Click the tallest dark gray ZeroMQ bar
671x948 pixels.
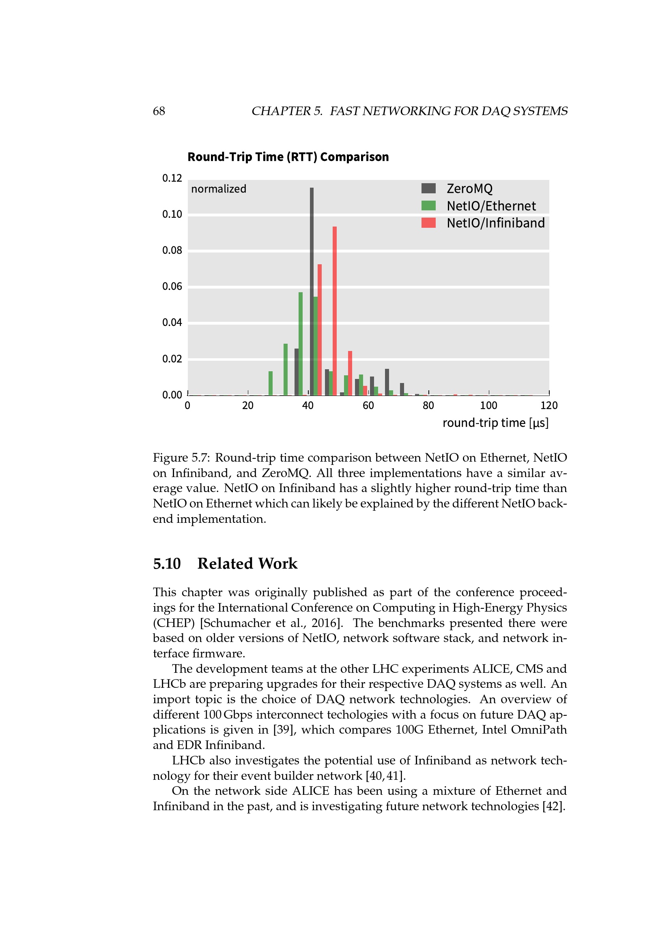pyautogui.click(x=312, y=291)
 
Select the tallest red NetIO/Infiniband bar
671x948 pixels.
pyautogui.click(x=335, y=310)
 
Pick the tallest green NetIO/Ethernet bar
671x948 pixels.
pyautogui.click(x=300, y=344)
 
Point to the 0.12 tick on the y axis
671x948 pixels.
pyautogui.click(x=172, y=178)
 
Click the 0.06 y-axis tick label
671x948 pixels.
pyautogui.click(x=172, y=287)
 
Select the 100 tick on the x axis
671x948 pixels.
pyautogui.click(x=488, y=405)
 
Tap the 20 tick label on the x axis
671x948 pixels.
pyautogui.click(x=247, y=405)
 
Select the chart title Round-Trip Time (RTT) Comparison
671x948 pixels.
pyautogui.click(x=288, y=157)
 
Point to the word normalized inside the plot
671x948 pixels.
pyautogui.click(x=219, y=189)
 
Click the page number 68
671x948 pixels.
pyautogui.click(x=159, y=111)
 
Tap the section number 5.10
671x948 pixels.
pyautogui.click(x=167, y=564)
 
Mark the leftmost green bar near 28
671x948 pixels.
pyautogui.click(x=271, y=383)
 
